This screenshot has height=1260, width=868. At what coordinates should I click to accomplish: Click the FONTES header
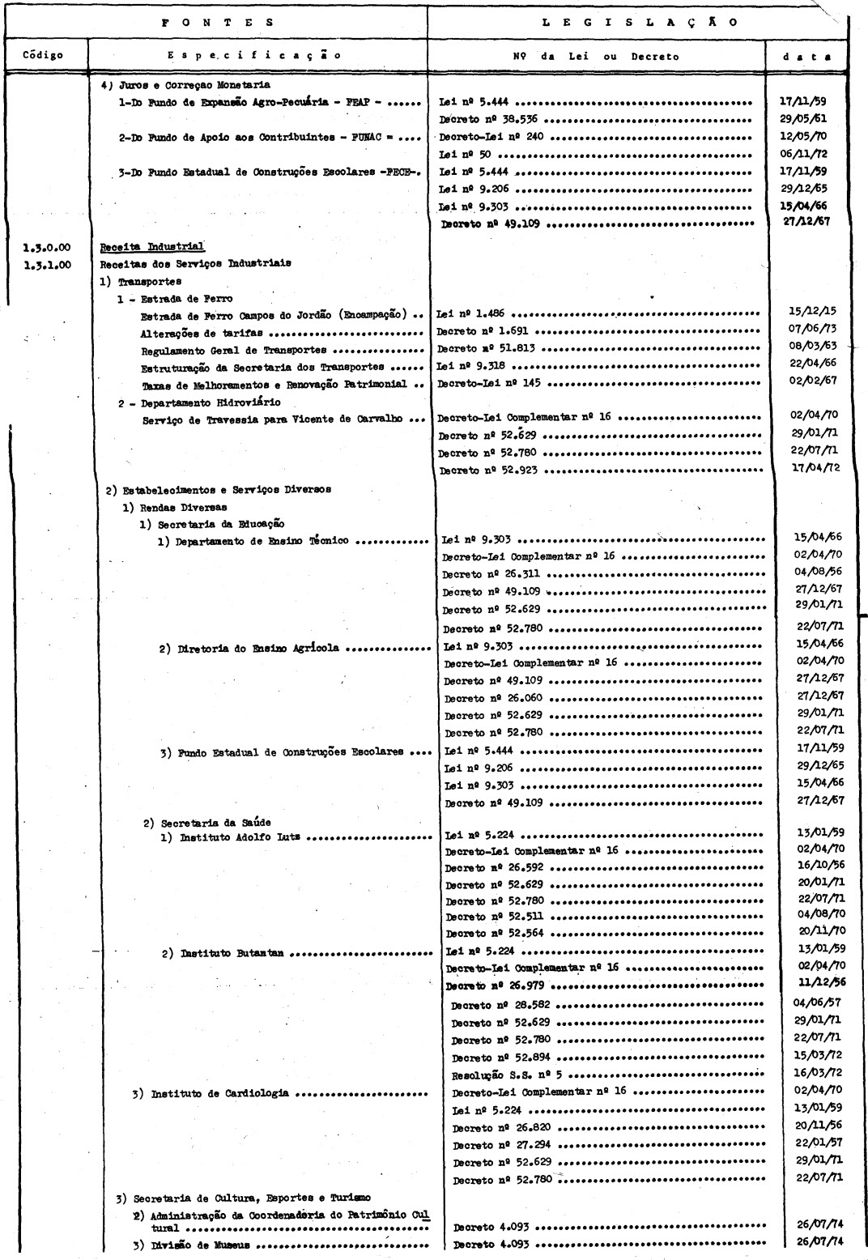pos(216,23)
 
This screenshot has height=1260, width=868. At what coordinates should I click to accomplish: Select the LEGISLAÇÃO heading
pos(639,23)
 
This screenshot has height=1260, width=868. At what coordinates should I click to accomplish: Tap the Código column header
pos(44,56)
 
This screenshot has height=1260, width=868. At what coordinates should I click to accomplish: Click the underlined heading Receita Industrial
pos(152,247)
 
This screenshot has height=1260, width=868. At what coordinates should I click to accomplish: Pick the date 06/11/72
pos(807,154)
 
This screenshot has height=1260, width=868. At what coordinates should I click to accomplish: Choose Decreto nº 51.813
pos(485,349)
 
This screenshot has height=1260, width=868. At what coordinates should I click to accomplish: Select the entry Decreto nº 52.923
pos(489,470)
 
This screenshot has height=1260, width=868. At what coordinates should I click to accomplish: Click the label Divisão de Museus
pos(203,1245)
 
